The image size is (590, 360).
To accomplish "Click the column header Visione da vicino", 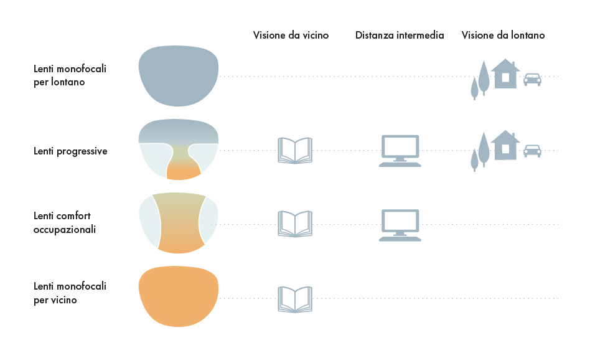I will coord(291,36).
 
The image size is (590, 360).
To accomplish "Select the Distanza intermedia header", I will coord(400,36).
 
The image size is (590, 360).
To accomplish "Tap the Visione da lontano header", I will coord(503,36).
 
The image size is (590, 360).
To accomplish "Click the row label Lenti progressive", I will coord(70,151).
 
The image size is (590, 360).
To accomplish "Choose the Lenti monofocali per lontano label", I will coord(70,75).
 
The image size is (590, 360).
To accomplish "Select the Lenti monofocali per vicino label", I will coord(70,293).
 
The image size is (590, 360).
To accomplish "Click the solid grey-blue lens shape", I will coord(179,75).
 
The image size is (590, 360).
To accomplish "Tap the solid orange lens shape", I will coord(179,296).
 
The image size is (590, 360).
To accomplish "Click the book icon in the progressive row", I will coord(294,151).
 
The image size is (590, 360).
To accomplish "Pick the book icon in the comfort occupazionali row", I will coord(294,224).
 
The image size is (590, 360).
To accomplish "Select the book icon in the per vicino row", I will coord(294,299).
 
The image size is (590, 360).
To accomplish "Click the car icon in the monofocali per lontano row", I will coord(532,79).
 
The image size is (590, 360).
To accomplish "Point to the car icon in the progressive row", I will coord(532,151).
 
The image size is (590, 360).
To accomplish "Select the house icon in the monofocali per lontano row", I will coord(505,74).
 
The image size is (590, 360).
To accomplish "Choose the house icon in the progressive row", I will coord(505,146).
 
